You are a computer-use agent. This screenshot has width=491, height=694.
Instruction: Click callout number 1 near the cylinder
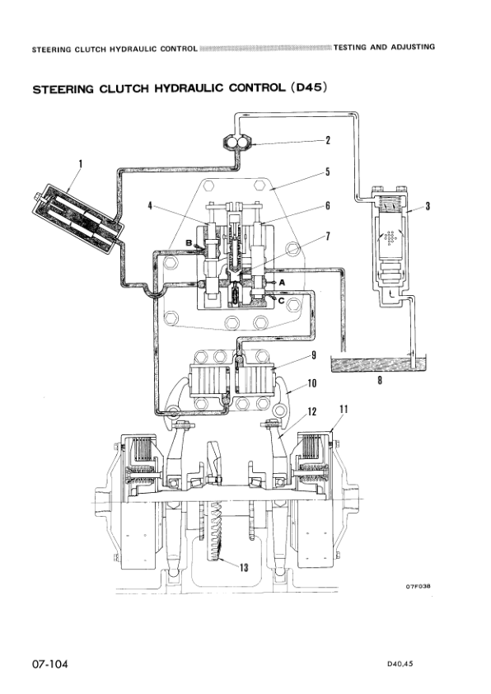[x=80, y=164]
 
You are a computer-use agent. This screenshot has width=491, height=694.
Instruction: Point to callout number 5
[x=327, y=172]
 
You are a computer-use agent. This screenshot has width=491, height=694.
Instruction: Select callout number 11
[x=344, y=409]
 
